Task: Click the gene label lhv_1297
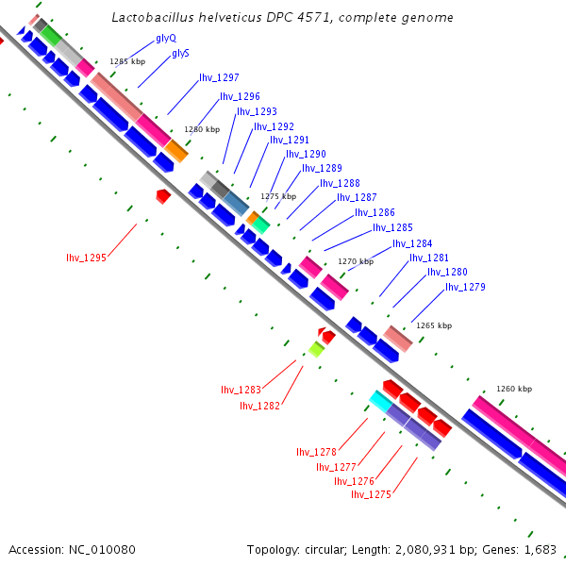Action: (x=219, y=77)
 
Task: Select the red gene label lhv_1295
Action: (x=86, y=258)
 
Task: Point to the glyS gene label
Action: (x=180, y=54)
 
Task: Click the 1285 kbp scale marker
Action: (x=127, y=61)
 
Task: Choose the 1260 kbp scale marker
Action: (x=514, y=389)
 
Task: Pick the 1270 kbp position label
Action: (x=356, y=261)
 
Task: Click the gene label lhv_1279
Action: (x=465, y=287)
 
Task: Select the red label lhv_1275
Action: (x=371, y=494)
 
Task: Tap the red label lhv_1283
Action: (x=241, y=390)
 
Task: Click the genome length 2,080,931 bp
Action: (x=441, y=549)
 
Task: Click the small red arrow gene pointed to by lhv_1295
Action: (x=163, y=195)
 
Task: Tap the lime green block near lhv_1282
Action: (x=316, y=350)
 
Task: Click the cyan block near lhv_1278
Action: (x=380, y=401)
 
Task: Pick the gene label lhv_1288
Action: (x=340, y=183)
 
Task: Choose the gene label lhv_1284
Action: (x=412, y=243)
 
